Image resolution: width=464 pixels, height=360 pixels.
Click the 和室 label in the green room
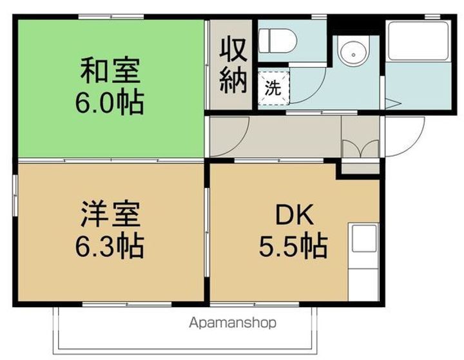110,71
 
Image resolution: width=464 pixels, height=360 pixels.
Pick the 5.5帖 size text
294,245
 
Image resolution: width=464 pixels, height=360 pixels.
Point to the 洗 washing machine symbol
274,88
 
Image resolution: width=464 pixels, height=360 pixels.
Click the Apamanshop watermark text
233,322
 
